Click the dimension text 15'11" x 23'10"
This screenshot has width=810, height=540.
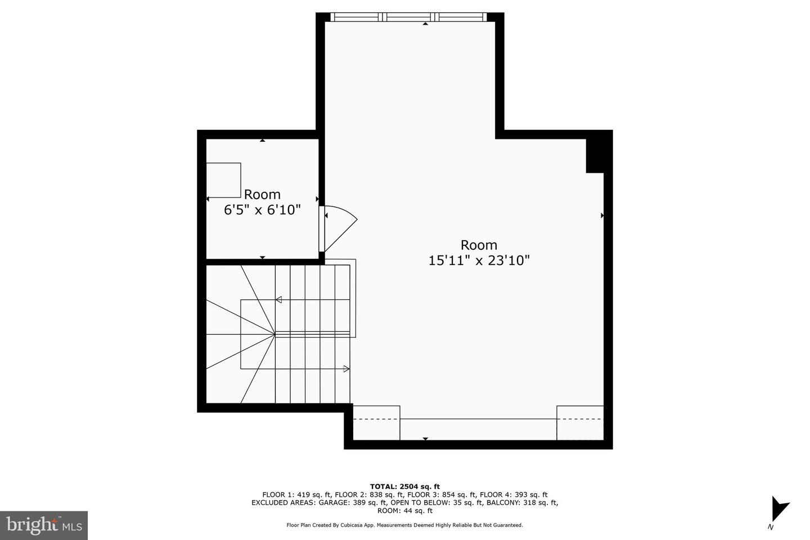pyautogui.click(x=479, y=260)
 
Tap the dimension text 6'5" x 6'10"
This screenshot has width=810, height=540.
pyautogui.click(x=262, y=210)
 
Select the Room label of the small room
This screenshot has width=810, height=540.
pyautogui.click(x=262, y=195)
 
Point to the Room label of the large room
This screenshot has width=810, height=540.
pyautogui.click(x=479, y=245)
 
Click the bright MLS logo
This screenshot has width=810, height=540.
pyautogui.click(x=44, y=525)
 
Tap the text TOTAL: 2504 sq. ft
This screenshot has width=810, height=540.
pyautogui.click(x=405, y=487)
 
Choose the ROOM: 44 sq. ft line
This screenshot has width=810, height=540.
pyautogui.click(x=405, y=511)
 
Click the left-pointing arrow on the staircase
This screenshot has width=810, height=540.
pyautogui.click(x=279, y=299)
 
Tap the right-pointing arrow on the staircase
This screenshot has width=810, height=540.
pyautogui.click(x=346, y=369)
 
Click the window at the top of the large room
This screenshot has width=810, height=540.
pyautogui.click(x=409, y=17)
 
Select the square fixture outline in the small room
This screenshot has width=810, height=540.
pyautogui.click(x=223, y=180)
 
